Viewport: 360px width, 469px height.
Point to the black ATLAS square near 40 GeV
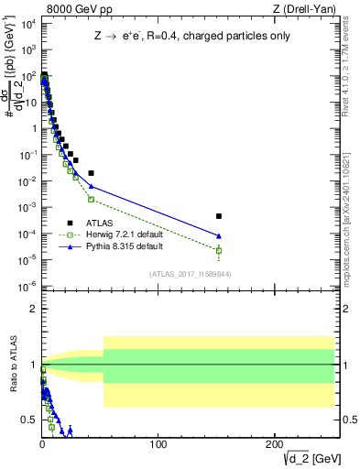[91, 172]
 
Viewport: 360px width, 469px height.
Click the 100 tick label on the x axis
[158, 443]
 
